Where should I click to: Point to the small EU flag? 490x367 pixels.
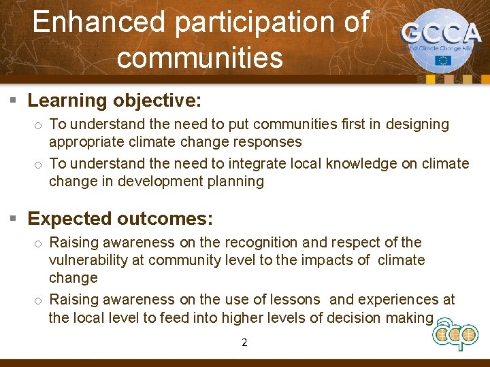tap(443, 60)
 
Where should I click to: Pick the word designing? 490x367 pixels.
tap(418, 124)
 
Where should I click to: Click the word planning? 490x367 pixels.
tap(237, 181)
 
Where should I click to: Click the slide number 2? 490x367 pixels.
tap(244, 343)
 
